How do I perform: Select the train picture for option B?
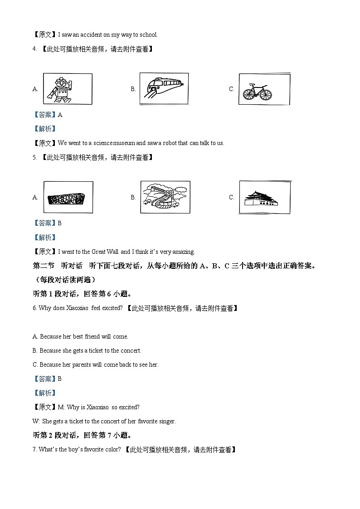(x=164, y=88)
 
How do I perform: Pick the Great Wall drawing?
(x=165, y=197)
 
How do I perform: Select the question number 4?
(x=34, y=49)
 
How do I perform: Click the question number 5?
(x=34, y=157)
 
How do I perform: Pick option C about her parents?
(x=96, y=364)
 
